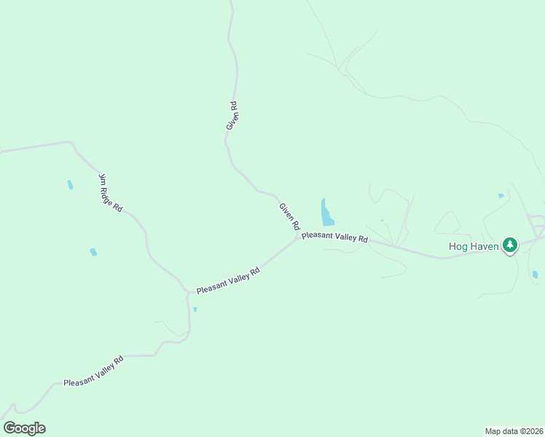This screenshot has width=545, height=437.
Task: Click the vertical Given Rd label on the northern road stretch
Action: pos(232,116)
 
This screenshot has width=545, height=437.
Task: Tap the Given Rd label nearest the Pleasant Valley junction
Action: pos(289,216)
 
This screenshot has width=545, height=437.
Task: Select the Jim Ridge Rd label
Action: pos(110,193)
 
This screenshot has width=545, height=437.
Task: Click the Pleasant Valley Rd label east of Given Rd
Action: pos(335,237)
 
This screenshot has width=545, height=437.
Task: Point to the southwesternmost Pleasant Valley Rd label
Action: pos(93,371)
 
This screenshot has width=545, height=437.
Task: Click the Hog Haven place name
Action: pos(474,246)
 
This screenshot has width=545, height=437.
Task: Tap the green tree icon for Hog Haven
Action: pos(510,245)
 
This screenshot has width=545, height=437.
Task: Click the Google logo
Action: pos(24,428)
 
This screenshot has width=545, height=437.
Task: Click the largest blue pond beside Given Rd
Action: pos(326,213)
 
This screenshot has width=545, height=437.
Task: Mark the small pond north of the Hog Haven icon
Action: pos(501,196)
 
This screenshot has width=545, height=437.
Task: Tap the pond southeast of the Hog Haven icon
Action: pos(535,275)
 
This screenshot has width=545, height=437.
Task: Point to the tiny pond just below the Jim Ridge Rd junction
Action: pos(195,309)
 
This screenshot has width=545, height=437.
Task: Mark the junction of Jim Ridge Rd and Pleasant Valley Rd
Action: pos(188,292)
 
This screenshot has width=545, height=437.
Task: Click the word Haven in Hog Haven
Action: pos(485,246)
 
